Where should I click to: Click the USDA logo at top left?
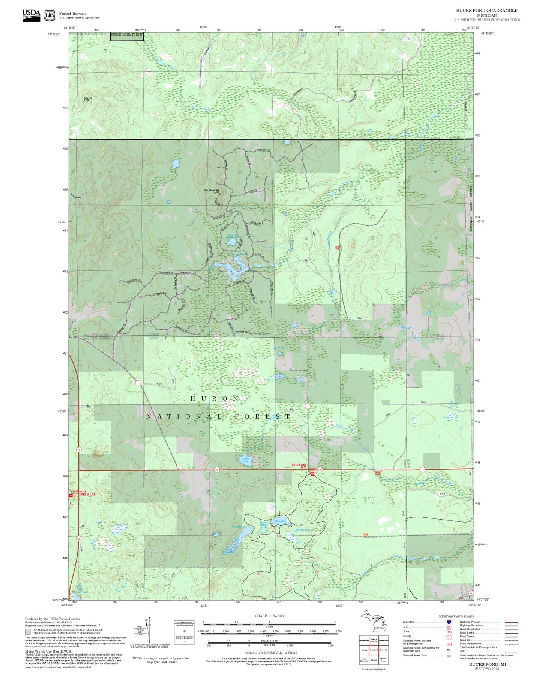(x=31, y=15)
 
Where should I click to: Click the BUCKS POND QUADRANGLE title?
(x=486, y=11)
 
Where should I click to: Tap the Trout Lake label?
(x=245, y=460)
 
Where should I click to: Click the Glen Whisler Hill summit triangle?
(x=219, y=194)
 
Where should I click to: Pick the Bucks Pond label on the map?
(x=239, y=254)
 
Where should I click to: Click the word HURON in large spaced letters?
(x=215, y=398)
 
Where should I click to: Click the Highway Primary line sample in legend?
(x=511, y=622)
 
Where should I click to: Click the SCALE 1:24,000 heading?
(x=269, y=616)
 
